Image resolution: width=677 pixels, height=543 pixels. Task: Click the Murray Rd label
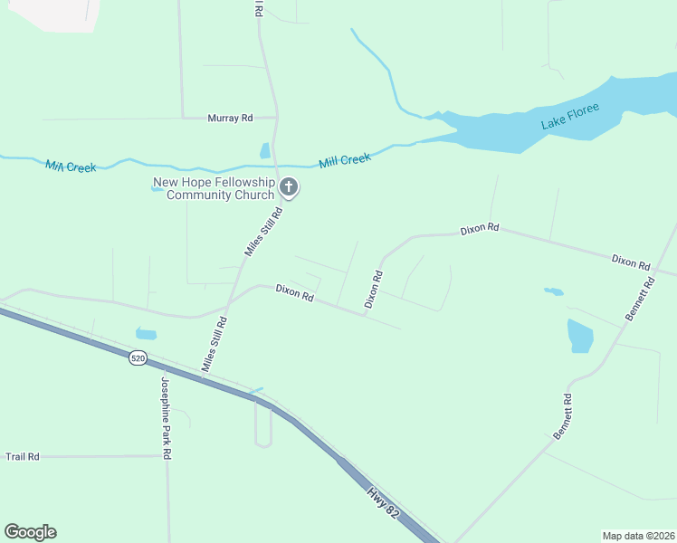229,118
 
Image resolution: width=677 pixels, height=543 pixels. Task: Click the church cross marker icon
289,188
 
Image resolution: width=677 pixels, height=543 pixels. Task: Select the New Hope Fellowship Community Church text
214,188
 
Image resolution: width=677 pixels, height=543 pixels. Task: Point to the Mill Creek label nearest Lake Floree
345,160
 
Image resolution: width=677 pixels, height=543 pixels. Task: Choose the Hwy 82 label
383,502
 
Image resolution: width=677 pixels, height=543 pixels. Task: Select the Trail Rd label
23,457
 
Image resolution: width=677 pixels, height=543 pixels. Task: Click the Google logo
30,532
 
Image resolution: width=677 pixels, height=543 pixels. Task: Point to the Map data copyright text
637,536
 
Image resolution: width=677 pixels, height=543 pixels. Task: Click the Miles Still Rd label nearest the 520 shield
215,344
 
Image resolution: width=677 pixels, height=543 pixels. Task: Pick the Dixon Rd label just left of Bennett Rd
631,262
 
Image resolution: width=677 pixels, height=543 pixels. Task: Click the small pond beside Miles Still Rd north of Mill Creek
264,151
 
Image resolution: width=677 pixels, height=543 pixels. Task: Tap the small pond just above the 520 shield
146,333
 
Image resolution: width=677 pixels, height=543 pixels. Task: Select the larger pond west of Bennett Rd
580,336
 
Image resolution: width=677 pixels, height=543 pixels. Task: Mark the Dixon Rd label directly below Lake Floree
480,229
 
